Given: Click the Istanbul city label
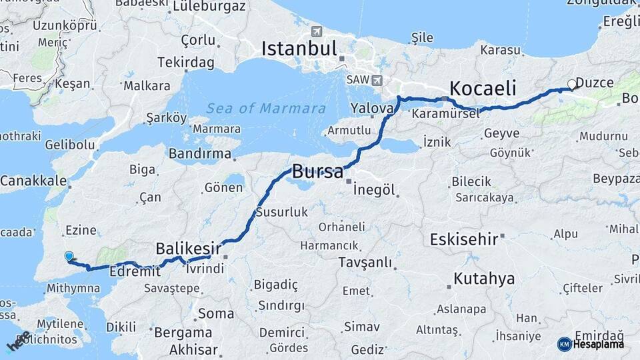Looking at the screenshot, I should click(299, 49).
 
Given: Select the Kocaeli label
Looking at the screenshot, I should click(483, 88).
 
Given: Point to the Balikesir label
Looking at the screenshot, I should click(188, 248).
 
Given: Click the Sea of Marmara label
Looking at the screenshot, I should click(265, 108).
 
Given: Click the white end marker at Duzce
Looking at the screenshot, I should click(571, 85).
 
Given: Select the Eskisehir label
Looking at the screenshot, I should click(464, 239).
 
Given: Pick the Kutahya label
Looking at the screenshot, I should click(484, 278).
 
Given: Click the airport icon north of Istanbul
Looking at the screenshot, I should click(316, 31).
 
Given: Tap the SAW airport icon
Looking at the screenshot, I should click(377, 81).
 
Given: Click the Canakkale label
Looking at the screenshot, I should click(33, 181).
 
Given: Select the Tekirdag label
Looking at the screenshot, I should click(186, 62).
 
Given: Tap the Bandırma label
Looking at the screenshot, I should click(200, 154).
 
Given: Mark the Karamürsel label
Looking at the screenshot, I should click(445, 114).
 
